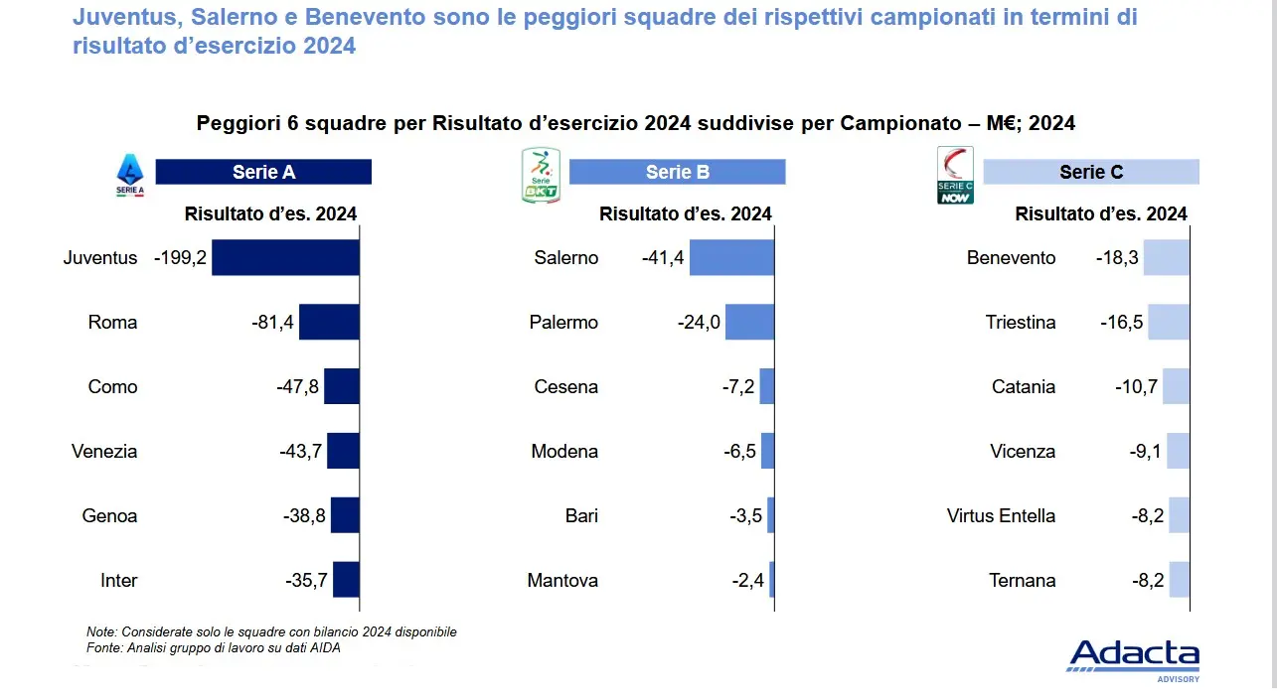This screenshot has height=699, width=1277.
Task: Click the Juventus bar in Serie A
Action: (285, 258)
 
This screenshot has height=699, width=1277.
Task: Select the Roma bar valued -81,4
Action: (329, 323)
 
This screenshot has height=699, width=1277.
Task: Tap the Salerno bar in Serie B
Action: (731, 258)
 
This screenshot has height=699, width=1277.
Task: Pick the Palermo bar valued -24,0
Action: (749, 323)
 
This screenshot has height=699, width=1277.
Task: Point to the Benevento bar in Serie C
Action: (1166, 258)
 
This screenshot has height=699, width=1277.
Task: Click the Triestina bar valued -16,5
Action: (1168, 323)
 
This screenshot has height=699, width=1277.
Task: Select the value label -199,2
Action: (180, 258)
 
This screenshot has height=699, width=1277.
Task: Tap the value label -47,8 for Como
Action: (298, 387)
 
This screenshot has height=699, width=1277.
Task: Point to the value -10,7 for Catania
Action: (1136, 387)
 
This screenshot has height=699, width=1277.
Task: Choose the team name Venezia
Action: (104, 452)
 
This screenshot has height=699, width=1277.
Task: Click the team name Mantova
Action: (562, 581)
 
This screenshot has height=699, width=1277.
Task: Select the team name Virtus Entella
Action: (1001, 516)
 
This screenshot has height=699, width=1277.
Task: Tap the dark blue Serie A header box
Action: (263, 172)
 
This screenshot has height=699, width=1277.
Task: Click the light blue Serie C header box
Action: (1091, 172)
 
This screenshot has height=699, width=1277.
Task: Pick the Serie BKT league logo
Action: (542, 175)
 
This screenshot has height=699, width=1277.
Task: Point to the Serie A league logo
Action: (130, 175)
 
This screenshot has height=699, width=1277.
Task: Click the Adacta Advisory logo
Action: (1134, 659)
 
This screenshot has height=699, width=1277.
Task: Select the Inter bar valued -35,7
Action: (346, 581)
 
